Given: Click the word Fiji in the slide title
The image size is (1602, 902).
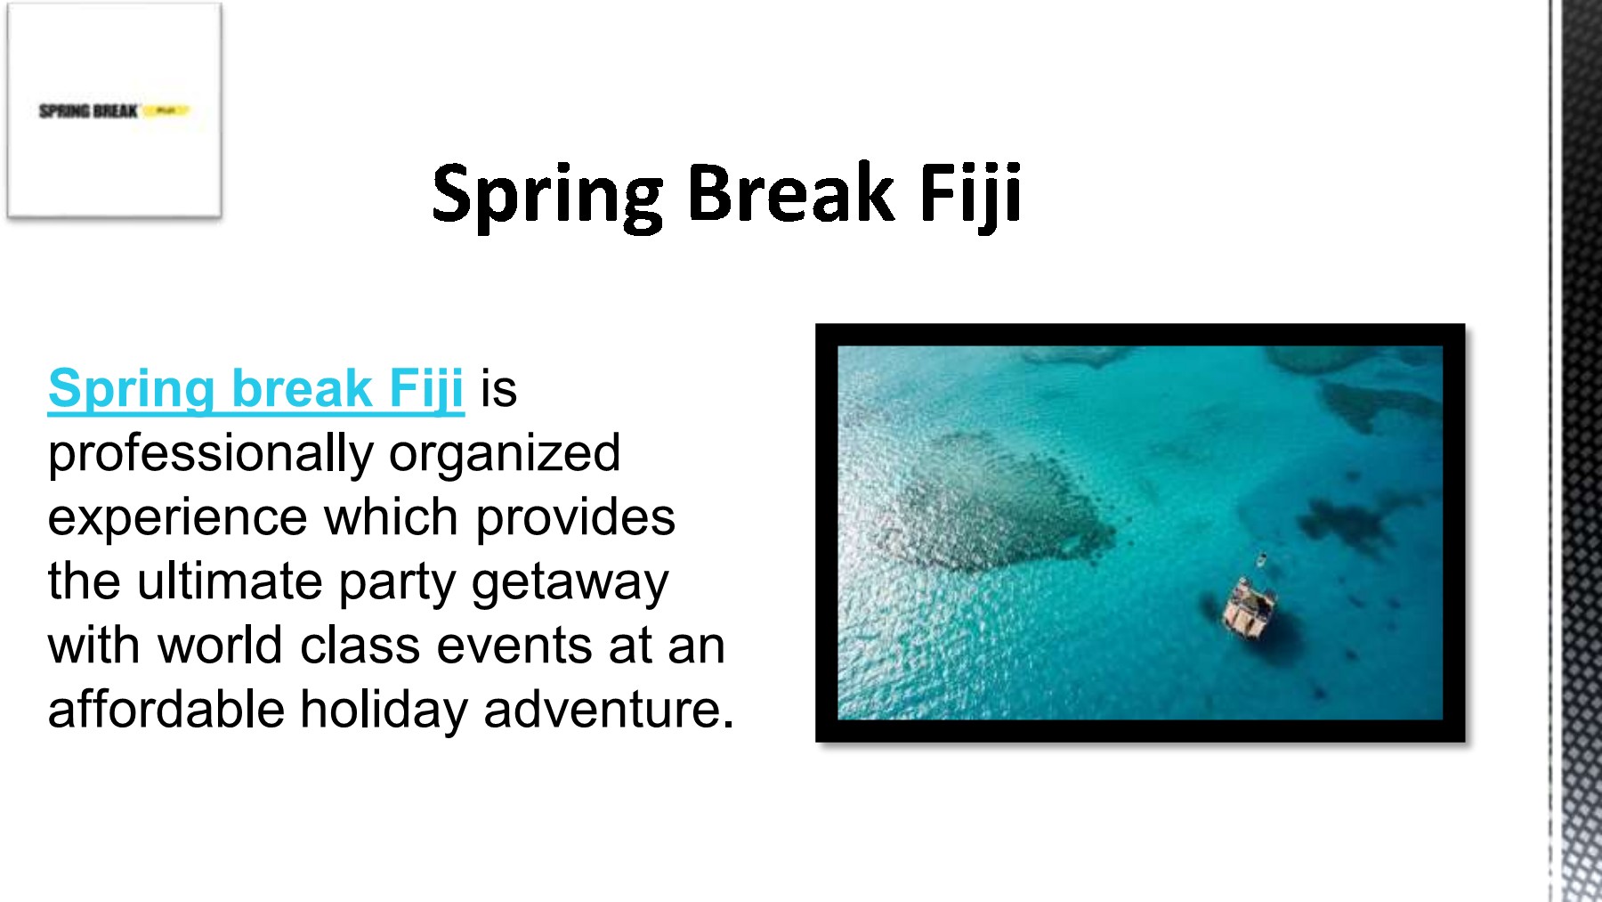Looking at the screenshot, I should (970, 193).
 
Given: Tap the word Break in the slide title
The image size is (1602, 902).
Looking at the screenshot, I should (789, 193).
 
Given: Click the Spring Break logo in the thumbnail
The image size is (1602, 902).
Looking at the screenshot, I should (113, 110).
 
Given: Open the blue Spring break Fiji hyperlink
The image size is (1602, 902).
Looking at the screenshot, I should (255, 389).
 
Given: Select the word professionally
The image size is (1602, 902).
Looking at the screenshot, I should (210, 454).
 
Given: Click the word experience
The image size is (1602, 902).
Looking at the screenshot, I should (177, 518).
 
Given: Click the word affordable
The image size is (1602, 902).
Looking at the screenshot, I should (165, 710).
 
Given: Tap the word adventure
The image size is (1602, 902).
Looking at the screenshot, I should (608, 710).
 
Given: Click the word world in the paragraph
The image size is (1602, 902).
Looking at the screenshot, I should (219, 646).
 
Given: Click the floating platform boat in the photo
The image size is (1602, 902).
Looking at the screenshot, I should (1250, 610).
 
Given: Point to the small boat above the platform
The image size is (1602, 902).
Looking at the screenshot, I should (1261, 561).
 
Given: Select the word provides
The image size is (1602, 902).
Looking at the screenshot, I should (575, 518).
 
